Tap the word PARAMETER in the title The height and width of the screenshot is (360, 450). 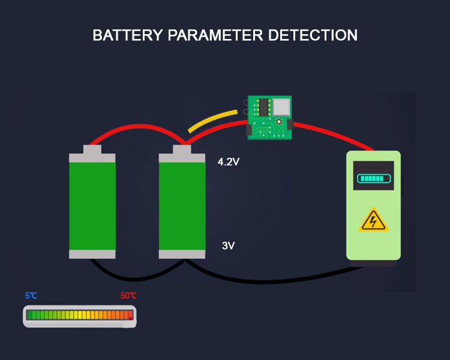coord(216,35)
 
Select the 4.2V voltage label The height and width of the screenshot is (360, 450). coord(229,161)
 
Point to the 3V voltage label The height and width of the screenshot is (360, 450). coord(228,245)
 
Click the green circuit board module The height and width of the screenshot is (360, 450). coord(270,118)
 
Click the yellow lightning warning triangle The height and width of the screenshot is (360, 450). coord(373,221)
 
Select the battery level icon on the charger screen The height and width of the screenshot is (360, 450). coord(373,178)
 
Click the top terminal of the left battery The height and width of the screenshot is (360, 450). coord(92,150)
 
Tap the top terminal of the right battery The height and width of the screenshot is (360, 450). coord(182,150)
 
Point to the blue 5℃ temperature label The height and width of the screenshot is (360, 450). coord(31,296)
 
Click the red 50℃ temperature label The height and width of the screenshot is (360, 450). coord(128,296)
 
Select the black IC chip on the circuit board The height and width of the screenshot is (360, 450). coord(263,107)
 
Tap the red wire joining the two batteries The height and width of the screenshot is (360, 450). coord(137,129)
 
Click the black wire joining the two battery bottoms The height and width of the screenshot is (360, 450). coord(137,278)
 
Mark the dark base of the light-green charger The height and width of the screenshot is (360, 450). coord(373,263)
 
